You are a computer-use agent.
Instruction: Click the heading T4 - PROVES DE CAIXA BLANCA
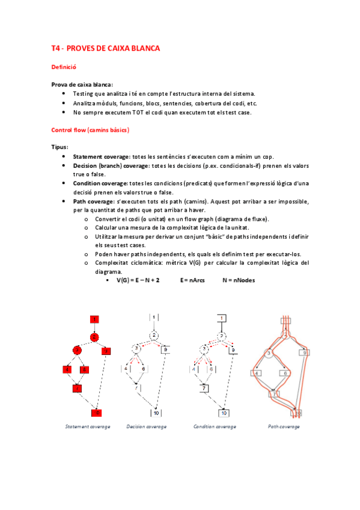[106, 49]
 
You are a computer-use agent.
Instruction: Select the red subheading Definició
[64, 67]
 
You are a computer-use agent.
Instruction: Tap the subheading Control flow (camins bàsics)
[90, 130]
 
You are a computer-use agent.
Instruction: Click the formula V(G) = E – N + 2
[138, 280]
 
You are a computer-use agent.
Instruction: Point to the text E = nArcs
[192, 280]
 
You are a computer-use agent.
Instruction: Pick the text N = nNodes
[239, 280]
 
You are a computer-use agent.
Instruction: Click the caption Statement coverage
[88, 426]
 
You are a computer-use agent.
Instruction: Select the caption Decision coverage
[147, 426]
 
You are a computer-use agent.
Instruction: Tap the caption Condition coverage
[215, 426]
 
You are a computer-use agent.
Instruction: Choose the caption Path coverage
[284, 426]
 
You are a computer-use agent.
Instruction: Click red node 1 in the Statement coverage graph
[94, 319]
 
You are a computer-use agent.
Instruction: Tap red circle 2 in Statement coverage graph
[94, 337]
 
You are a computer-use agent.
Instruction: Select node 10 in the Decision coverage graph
[156, 413]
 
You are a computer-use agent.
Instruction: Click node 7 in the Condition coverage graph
[204, 389]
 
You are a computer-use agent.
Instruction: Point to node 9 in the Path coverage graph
[305, 352]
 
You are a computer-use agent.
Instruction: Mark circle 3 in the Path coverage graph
[269, 353]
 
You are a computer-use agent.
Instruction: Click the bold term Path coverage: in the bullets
[94, 201]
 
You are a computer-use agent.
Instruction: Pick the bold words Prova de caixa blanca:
[82, 85]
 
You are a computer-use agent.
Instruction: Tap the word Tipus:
[59, 147]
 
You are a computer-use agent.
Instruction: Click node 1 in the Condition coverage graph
[222, 318]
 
